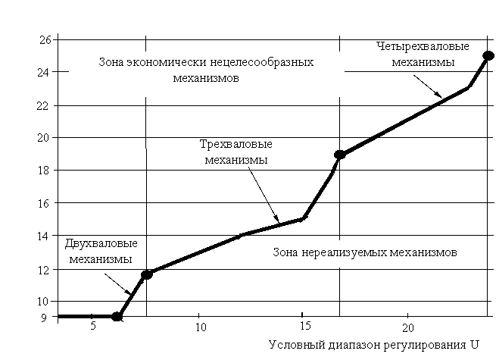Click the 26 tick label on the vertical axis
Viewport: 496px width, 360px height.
[x=45, y=40]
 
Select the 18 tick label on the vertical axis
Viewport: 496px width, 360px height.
[x=43, y=171]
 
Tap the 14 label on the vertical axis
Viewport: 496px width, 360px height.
[x=43, y=236]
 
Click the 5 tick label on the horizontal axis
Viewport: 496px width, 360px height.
[x=92, y=326]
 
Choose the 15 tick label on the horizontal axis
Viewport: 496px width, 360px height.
[x=306, y=326]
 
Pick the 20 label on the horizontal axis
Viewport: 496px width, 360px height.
[x=408, y=327]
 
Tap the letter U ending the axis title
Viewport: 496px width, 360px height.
[x=474, y=344]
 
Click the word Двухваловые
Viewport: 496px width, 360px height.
[x=101, y=243]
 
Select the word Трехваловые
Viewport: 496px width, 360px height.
[x=236, y=145]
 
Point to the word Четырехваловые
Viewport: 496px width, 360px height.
[x=423, y=46]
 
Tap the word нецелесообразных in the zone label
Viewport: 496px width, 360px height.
[x=261, y=62]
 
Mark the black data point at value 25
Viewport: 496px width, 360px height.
[x=488, y=56]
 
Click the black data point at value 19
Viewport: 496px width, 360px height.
[x=340, y=155]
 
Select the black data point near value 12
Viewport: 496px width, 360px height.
[x=147, y=274]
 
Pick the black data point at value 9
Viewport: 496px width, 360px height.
[x=117, y=316]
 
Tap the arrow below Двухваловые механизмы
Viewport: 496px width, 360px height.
[x=117, y=284]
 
